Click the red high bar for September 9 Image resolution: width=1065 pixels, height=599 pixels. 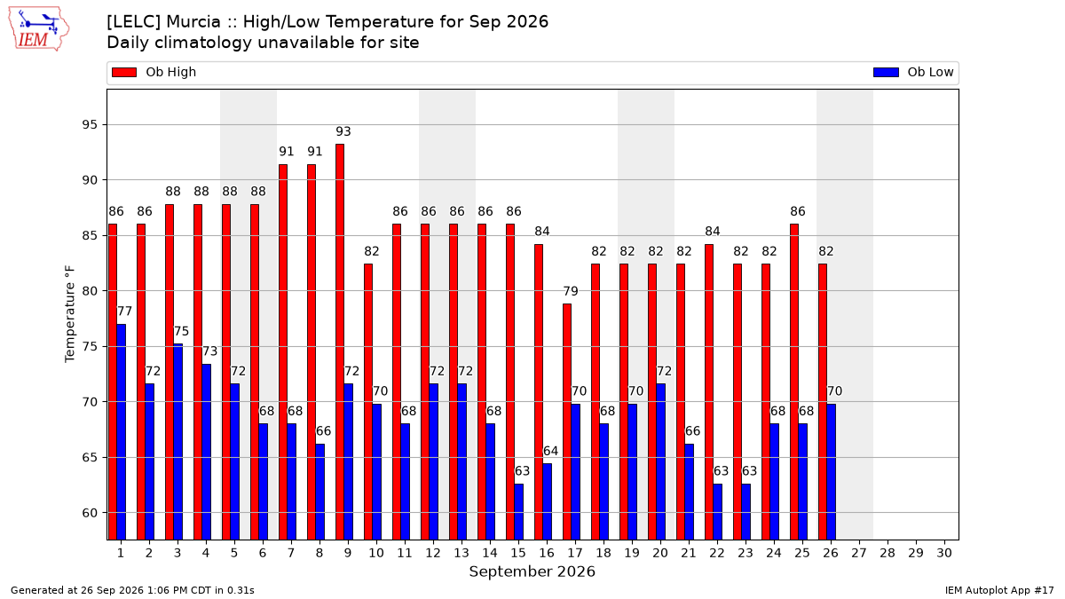[339, 342]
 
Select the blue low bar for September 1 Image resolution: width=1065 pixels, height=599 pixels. [122, 431]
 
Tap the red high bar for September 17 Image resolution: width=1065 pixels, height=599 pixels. [567, 422]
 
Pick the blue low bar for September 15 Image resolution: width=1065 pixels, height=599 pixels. [518, 511]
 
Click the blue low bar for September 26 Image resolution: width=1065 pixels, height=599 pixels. [831, 471]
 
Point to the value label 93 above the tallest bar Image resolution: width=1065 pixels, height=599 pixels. [343, 131]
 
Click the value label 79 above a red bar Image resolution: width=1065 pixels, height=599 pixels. [571, 291]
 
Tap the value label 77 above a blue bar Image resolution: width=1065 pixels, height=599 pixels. [124, 311]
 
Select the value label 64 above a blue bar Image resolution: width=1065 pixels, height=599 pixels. [550, 451]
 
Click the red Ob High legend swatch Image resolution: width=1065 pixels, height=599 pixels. [124, 72]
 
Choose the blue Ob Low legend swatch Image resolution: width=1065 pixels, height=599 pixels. [886, 72]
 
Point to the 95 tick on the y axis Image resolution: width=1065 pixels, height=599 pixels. [90, 124]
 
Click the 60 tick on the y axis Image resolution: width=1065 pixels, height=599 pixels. [90, 513]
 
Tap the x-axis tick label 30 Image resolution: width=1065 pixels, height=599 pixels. [944, 553]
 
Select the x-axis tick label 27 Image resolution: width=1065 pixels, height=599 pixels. [859, 553]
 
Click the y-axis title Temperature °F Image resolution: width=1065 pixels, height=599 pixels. [70, 314]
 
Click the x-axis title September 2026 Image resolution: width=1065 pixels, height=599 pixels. [532, 571]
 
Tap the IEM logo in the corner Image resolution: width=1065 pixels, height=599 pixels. [38, 29]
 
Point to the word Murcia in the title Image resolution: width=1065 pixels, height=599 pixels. [193, 22]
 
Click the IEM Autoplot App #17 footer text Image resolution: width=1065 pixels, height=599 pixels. [999, 590]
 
